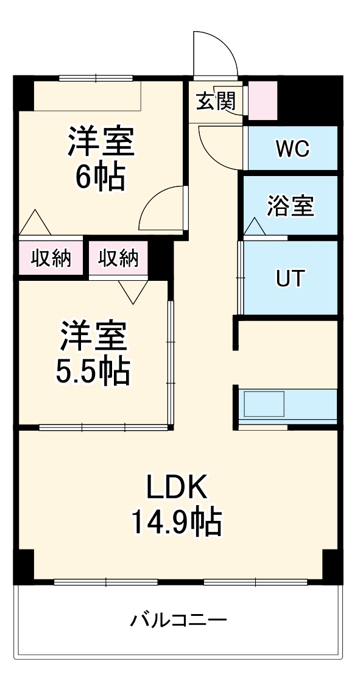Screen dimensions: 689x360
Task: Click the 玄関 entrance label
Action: tap(215, 101)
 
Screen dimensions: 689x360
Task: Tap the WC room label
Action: tap(292, 148)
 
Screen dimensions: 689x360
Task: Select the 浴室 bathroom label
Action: tap(290, 207)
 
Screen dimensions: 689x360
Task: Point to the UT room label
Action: tap(289, 278)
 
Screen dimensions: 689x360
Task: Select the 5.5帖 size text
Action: tap(93, 370)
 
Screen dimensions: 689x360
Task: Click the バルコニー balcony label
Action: tap(178, 621)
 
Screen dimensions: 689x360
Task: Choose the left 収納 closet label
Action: tap(51, 259)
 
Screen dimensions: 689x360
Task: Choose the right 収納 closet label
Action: tap(118, 259)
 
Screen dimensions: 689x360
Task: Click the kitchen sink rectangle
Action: tap(264, 403)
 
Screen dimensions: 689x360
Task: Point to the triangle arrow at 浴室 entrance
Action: tap(255, 227)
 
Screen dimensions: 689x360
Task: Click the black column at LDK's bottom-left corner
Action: tap(24, 565)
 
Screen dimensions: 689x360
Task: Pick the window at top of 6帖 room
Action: tap(96, 78)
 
